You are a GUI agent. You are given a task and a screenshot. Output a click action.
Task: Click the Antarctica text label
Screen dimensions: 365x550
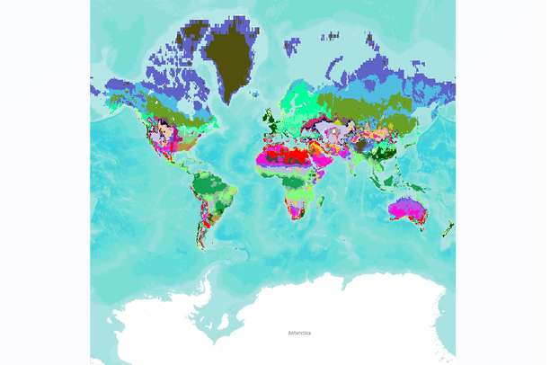[300, 334]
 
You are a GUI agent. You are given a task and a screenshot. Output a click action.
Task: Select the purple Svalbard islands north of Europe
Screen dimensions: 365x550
[292, 41]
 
